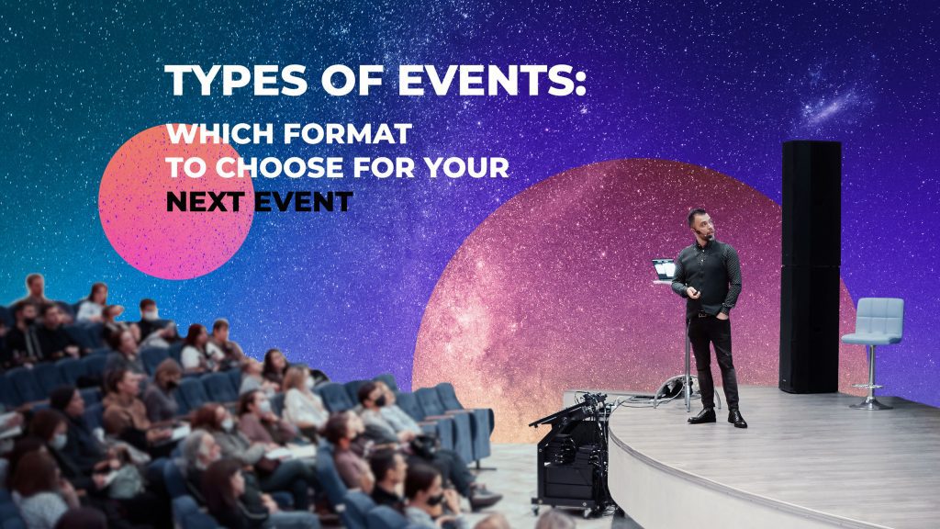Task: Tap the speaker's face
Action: click(700, 225)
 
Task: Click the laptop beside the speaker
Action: click(664, 269)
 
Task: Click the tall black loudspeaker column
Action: click(810, 266)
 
